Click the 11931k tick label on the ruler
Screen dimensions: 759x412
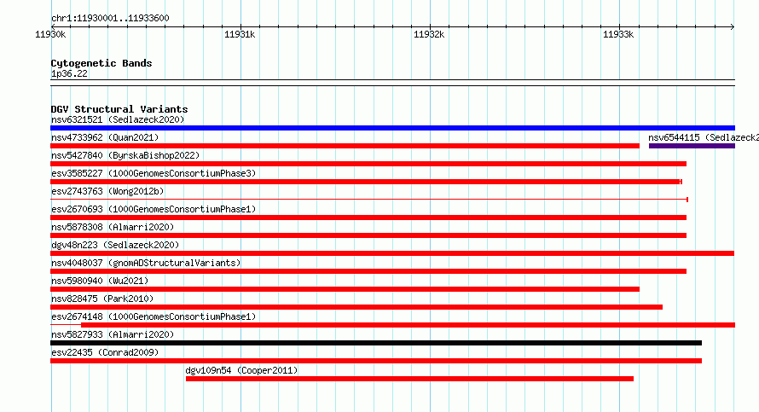coord(240,34)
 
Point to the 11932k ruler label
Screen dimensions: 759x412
coord(429,34)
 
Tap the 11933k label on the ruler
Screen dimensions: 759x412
coord(618,34)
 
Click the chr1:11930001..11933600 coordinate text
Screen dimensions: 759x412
coord(110,19)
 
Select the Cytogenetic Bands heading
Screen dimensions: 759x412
coord(101,63)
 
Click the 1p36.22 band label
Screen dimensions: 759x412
coord(69,73)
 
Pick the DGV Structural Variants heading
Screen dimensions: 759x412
coord(119,109)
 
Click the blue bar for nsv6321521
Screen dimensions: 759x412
coord(392,128)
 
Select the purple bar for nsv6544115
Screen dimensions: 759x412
coord(692,146)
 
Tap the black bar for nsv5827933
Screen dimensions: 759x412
coord(376,343)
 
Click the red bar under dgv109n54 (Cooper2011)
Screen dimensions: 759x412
coord(409,379)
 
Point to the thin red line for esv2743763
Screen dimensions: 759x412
coord(369,200)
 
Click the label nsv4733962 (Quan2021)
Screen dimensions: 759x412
coord(105,137)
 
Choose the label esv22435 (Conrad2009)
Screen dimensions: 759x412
coord(105,352)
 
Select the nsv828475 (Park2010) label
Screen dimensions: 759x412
coord(102,299)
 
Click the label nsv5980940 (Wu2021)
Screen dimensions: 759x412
coord(100,281)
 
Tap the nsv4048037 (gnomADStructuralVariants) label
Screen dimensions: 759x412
coord(146,263)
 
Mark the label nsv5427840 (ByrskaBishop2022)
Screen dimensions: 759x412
coord(125,155)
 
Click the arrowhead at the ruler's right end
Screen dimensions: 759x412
coord(733,27)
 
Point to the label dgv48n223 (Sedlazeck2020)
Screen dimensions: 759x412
coord(115,245)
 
